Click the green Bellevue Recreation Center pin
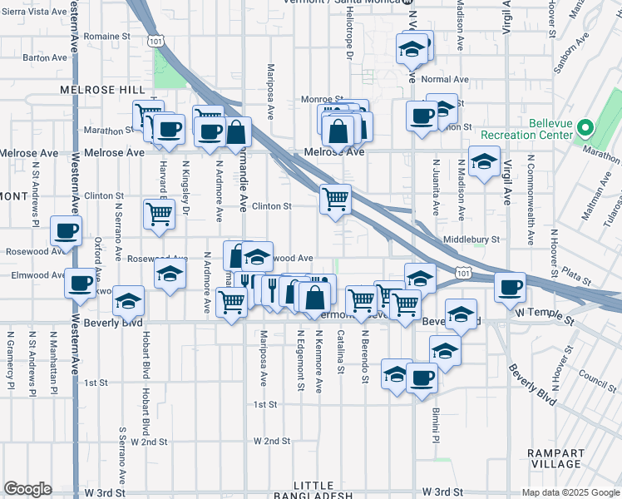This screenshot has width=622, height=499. coord(585,129)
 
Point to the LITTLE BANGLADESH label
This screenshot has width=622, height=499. coord(323,491)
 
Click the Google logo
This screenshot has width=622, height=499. coord(27,489)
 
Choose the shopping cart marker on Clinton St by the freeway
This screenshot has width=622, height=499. coord(335,200)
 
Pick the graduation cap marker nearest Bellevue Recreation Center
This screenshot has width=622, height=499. coord(483,161)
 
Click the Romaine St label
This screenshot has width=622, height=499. coord(107,37)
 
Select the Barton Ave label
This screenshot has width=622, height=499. coord(45,57)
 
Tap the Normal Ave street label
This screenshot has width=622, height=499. coord(446,80)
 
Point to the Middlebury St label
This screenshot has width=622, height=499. coord(471,239)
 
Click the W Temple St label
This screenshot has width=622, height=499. coord(545,317)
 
